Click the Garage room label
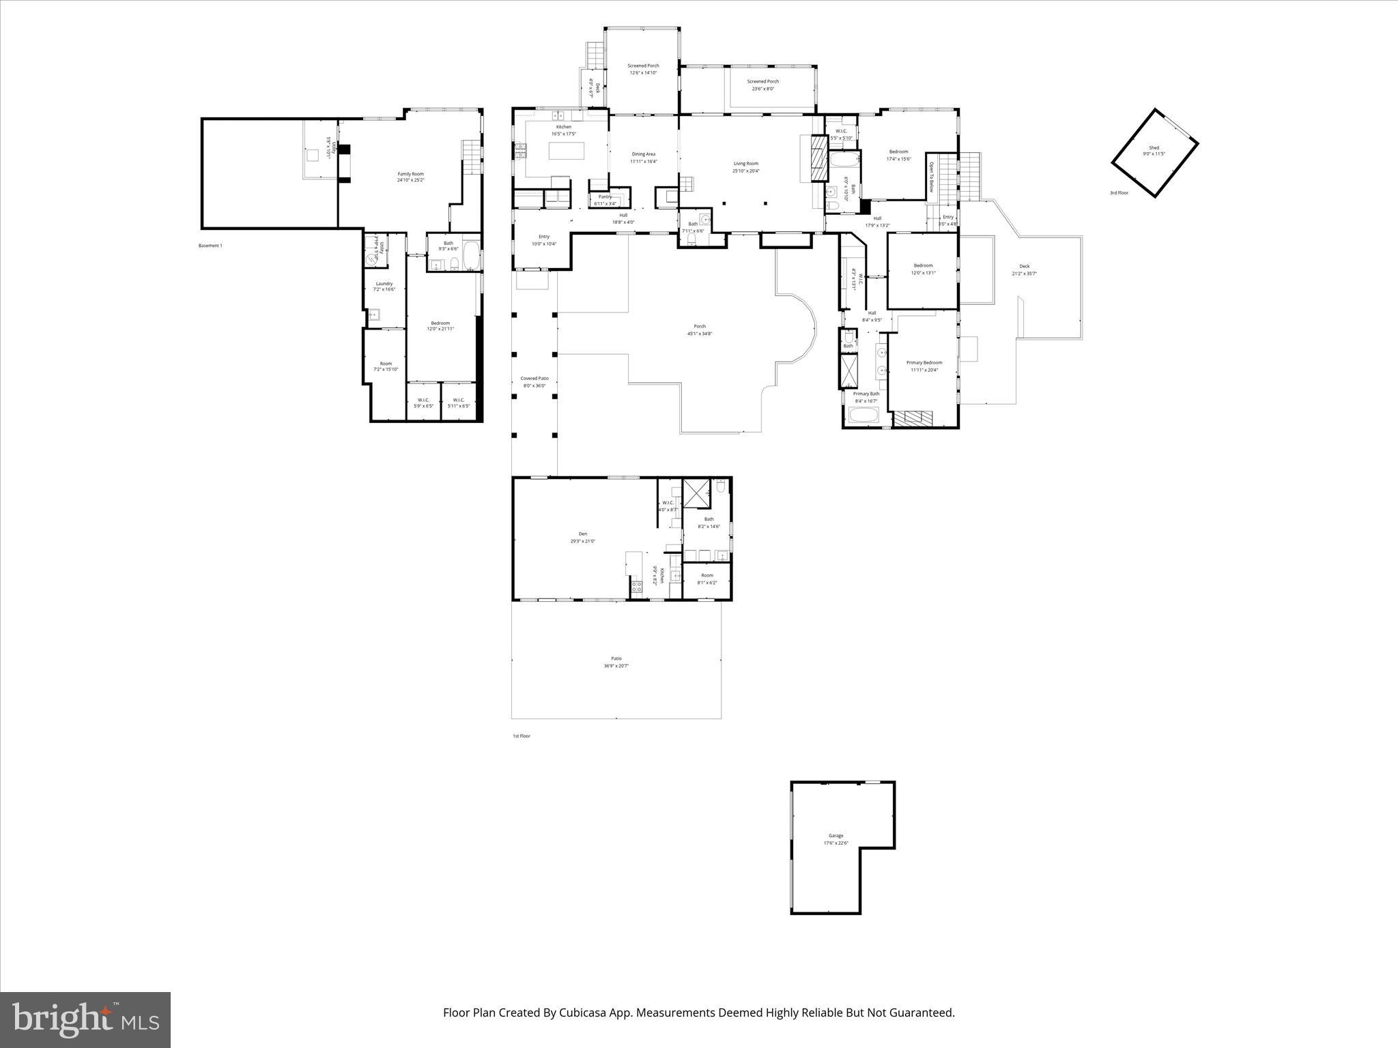[836, 835]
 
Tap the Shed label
[1154, 147]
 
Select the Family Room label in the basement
[410, 174]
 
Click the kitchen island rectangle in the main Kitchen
[566, 149]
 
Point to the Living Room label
[745, 164]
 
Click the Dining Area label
[643, 154]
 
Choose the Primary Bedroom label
[924, 363]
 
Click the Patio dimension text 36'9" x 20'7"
[616, 666]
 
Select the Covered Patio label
[534, 379]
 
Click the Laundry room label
[384, 284]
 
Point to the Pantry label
[605, 196]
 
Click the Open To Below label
[930, 177]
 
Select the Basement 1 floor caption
[210, 246]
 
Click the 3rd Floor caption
[1119, 193]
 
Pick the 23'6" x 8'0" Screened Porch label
[762, 81]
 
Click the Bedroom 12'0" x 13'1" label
[923, 265]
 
